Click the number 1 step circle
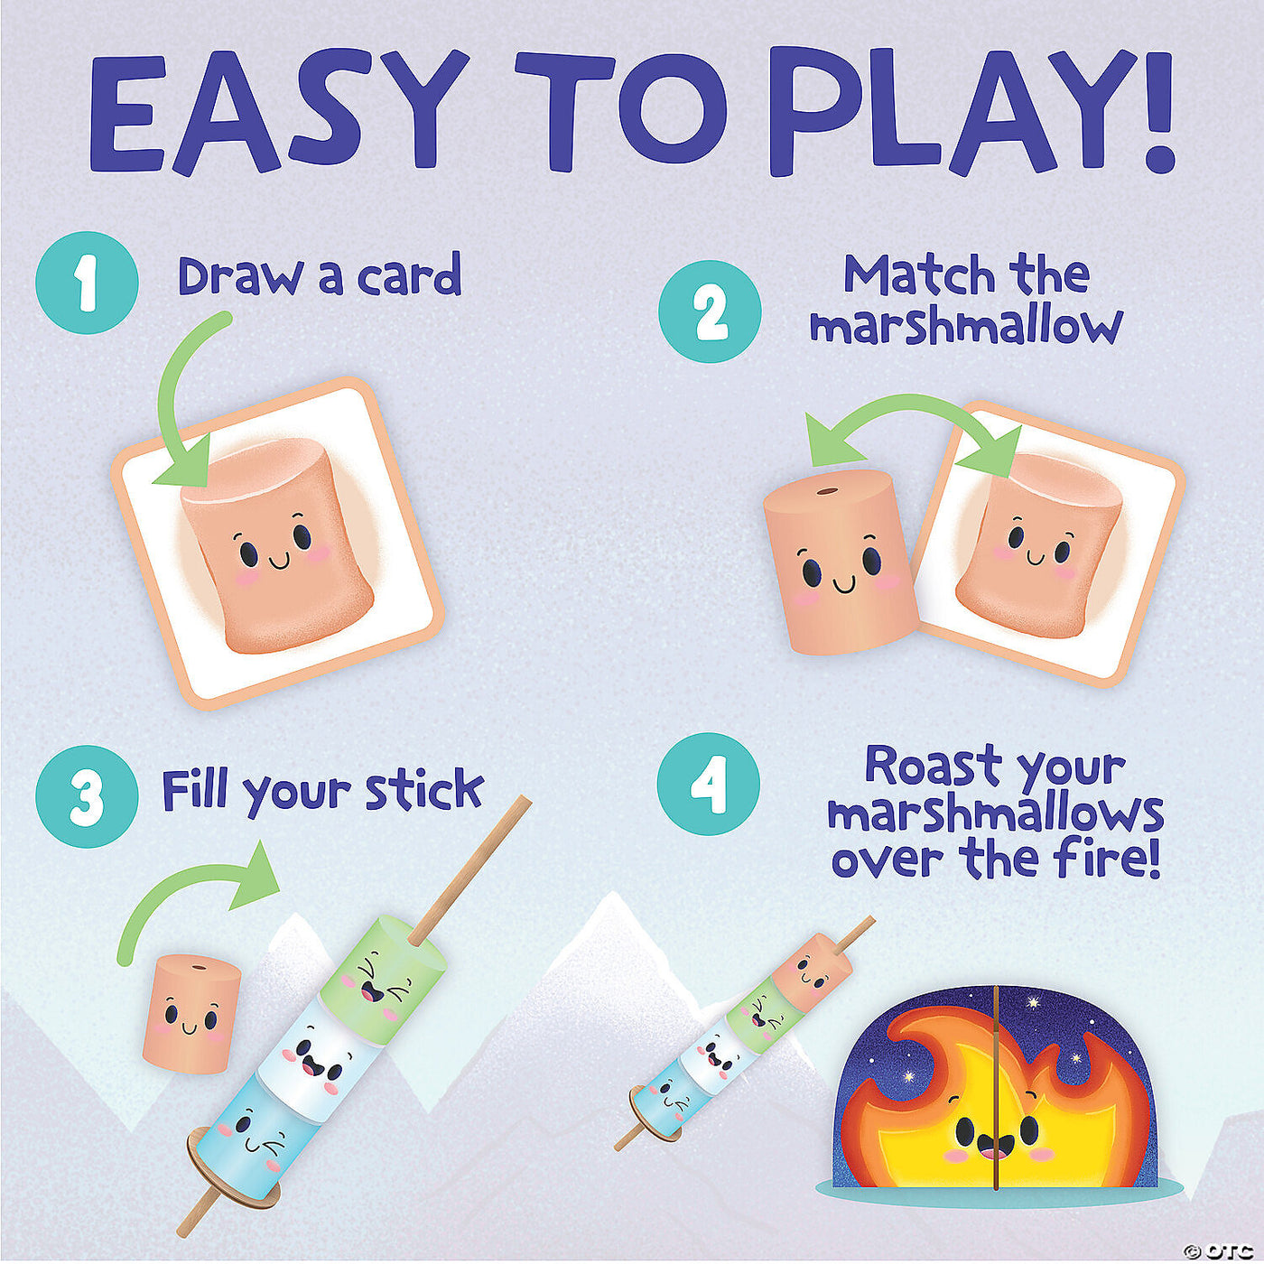pyautogui.click(x=87, y=283)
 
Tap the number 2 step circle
pyautogui.click(x=710, y=311)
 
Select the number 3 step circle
pyautogui.click(x=87, y=795)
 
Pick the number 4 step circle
pyautogui.click(x=709, y=784)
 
